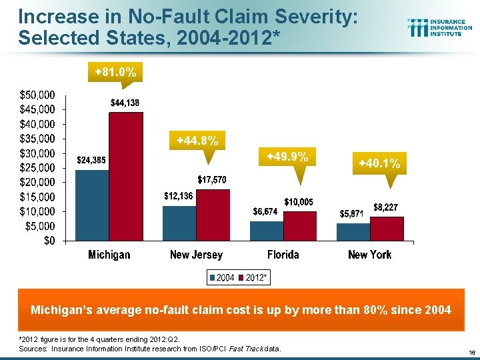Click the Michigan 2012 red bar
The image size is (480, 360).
pyautogui.click(x=126, y=177)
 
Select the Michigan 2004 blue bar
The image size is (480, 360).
pyautogui.click(x=92, y=205)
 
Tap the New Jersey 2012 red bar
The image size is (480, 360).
pyautogui.click(x=213, y=215)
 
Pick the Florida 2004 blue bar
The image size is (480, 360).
pyautogui.click(x=266, y=231)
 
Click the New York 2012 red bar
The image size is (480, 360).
pyautogui.click(x=387, y=228)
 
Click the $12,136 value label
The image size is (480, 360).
pyautogui.click(x=180, y=196)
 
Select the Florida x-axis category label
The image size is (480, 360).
pyautogui.click(x=283, y=255)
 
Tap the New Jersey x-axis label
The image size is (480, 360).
pyautogui.click(x=196, y=255)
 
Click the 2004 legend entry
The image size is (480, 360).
pyautogui.click(x=221, y=277)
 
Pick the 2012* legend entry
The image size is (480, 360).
pyautogui.click(x=253, y=277)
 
